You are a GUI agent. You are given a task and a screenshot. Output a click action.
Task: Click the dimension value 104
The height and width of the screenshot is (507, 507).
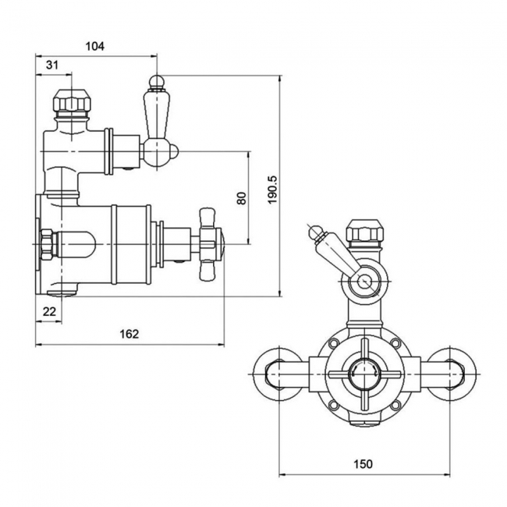94,46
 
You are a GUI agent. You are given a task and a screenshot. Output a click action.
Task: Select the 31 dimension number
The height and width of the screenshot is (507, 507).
52,66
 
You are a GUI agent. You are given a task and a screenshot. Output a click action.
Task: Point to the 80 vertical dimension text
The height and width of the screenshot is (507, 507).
241,198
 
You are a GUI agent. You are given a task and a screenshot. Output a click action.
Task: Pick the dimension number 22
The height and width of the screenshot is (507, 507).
49,311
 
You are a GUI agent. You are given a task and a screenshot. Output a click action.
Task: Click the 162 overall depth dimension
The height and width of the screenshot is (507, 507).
129,334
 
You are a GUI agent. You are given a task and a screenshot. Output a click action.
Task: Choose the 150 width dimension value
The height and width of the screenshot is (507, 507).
363,463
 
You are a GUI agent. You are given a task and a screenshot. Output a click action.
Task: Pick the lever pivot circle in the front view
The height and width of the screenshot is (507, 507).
364,280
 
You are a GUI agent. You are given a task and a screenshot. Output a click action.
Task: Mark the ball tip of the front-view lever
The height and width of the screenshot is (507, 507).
314,230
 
